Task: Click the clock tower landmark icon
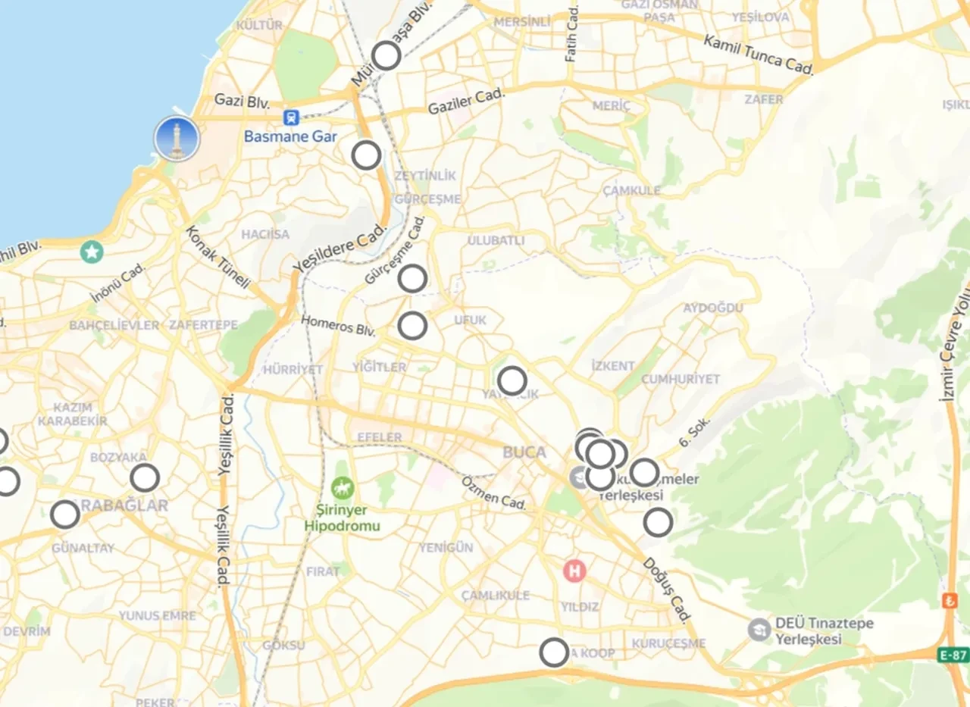(177, 139)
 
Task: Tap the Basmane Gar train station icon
(291, 117)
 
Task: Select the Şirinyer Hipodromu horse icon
(343, 484)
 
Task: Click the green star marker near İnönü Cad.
(92, 251)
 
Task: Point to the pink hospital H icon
(574, 571)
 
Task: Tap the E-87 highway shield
(953, 655)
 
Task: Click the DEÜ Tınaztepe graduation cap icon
(759, 630)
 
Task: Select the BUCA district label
(524, 452)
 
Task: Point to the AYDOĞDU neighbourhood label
(713, 308)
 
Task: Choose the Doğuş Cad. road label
(668, 590)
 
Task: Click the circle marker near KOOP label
(555, 652)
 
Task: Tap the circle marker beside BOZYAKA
(145, 478)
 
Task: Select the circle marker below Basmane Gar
(367, 155)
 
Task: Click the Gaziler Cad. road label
(466, 102)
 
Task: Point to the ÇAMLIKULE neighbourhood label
(496, 595)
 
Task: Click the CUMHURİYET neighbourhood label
(681, 379)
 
